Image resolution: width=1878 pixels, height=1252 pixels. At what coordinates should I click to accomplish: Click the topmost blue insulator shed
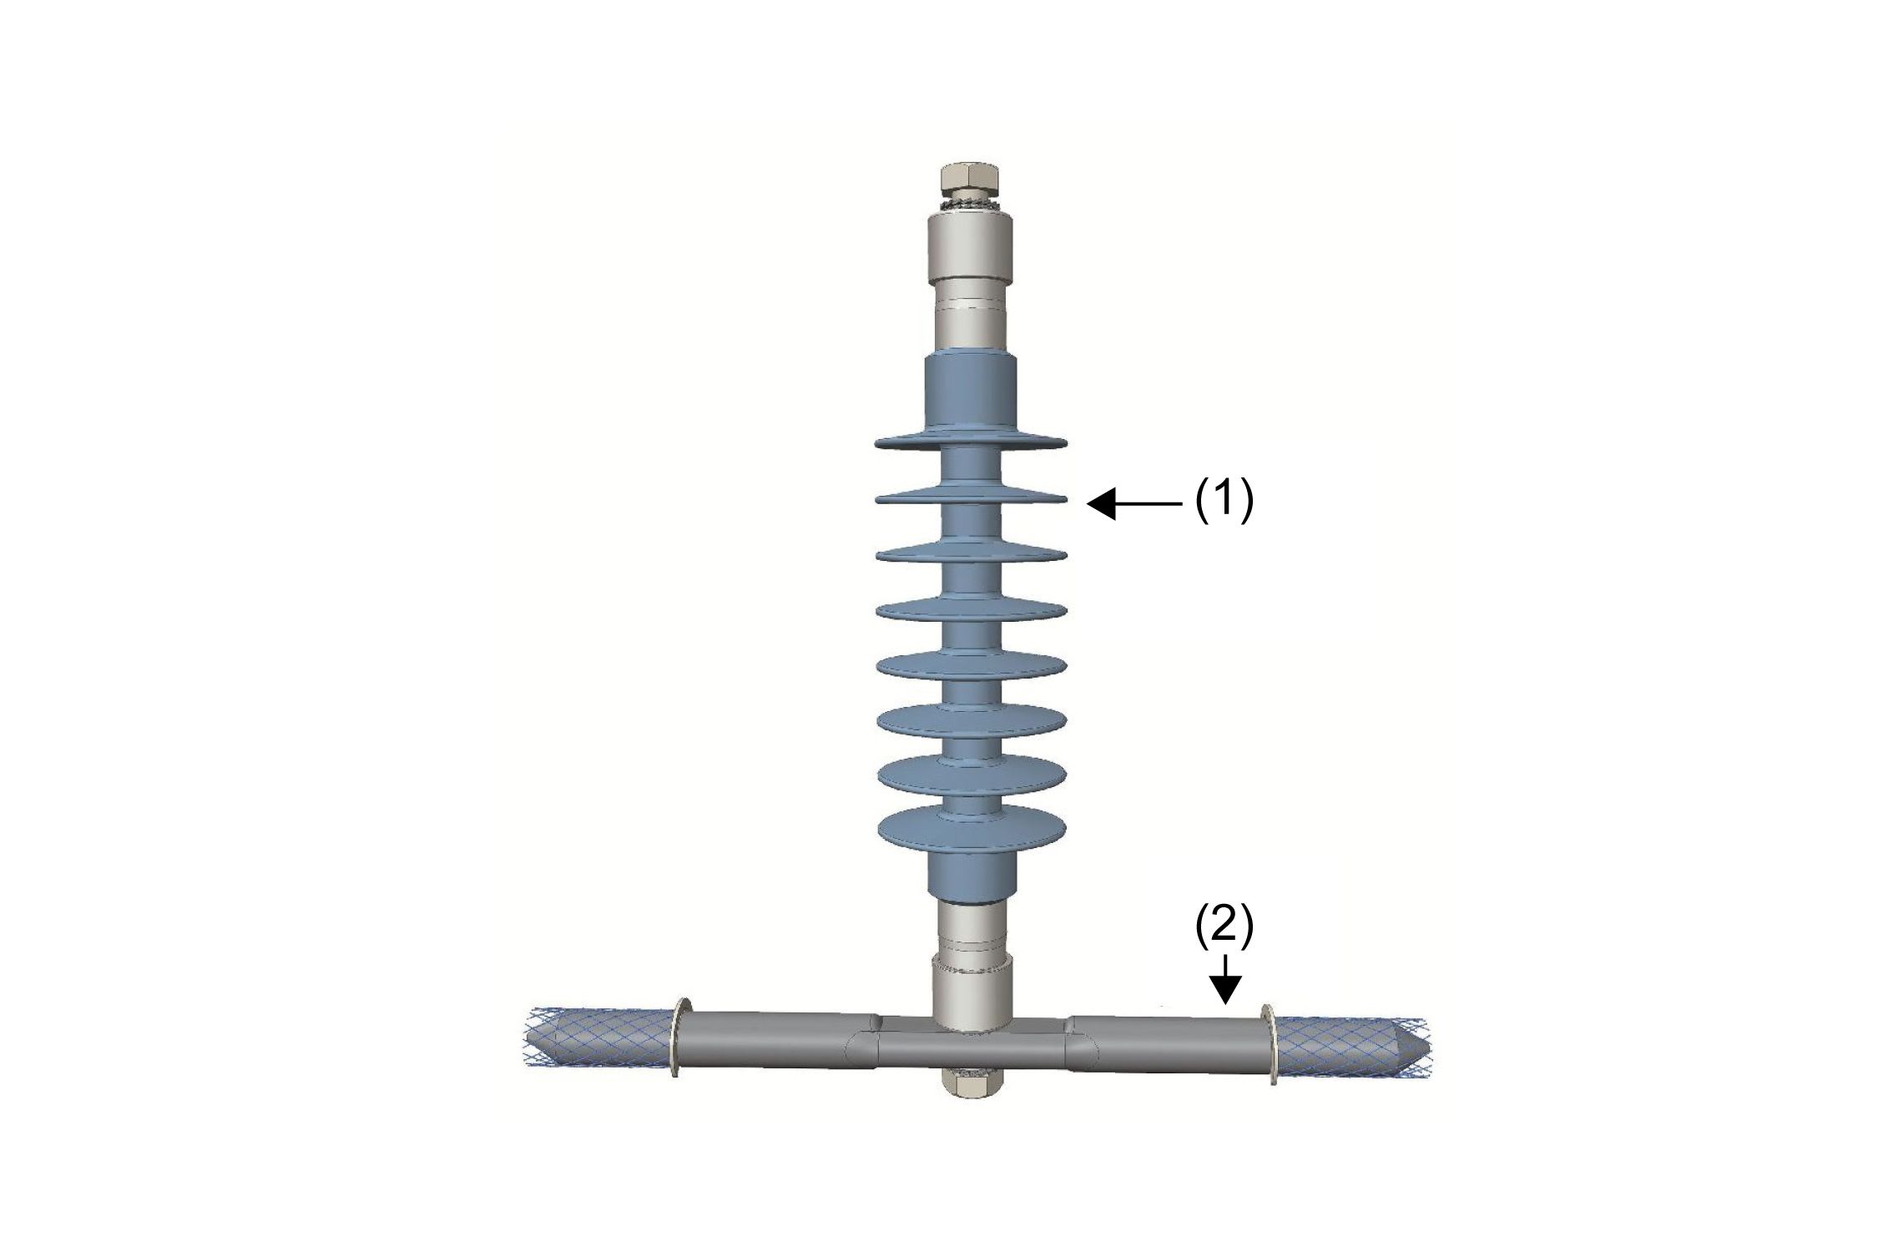[971, 442]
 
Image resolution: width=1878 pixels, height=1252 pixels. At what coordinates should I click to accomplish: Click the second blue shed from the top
[971, 497]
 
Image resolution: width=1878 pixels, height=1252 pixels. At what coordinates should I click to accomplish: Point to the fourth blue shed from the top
[971, 610]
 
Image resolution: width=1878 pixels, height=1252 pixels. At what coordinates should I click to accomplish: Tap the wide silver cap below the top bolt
[971, 246]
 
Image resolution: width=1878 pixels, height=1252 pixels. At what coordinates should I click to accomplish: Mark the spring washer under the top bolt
[971, 204]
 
